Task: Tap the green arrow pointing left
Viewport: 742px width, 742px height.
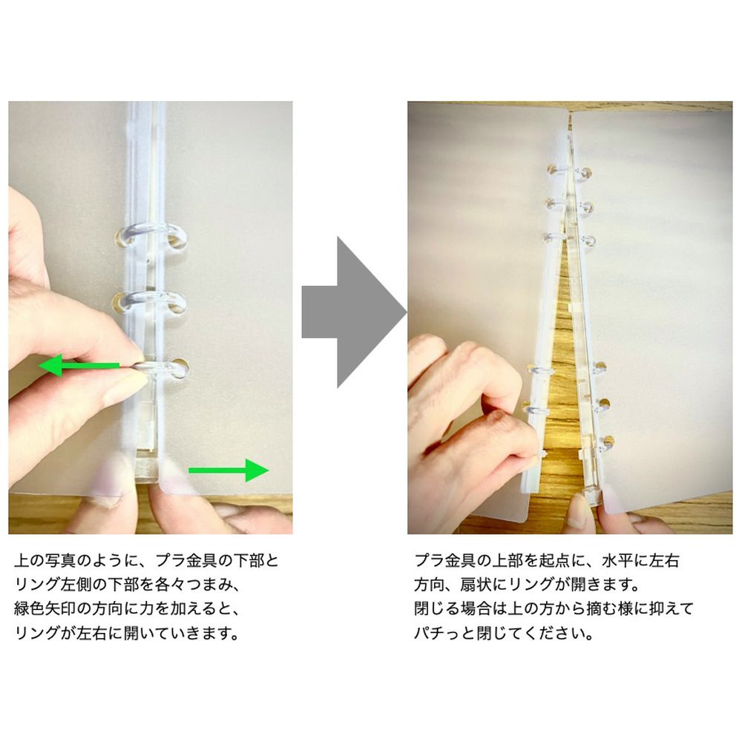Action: pos(79,366)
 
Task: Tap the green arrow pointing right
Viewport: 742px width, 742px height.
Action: pos(229,470)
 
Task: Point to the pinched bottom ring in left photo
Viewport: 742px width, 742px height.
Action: pos(161,368)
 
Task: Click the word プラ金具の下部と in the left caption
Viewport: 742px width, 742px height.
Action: pos(217,561)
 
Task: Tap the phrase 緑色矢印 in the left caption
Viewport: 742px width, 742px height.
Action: pos(45,609)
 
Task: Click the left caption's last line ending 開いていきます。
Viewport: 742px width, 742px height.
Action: pos(128,633)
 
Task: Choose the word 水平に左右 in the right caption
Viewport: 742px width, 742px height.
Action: pos(641,561)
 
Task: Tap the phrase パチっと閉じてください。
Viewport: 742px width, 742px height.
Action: pos(504,633)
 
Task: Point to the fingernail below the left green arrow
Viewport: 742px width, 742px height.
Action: pos(124,384)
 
